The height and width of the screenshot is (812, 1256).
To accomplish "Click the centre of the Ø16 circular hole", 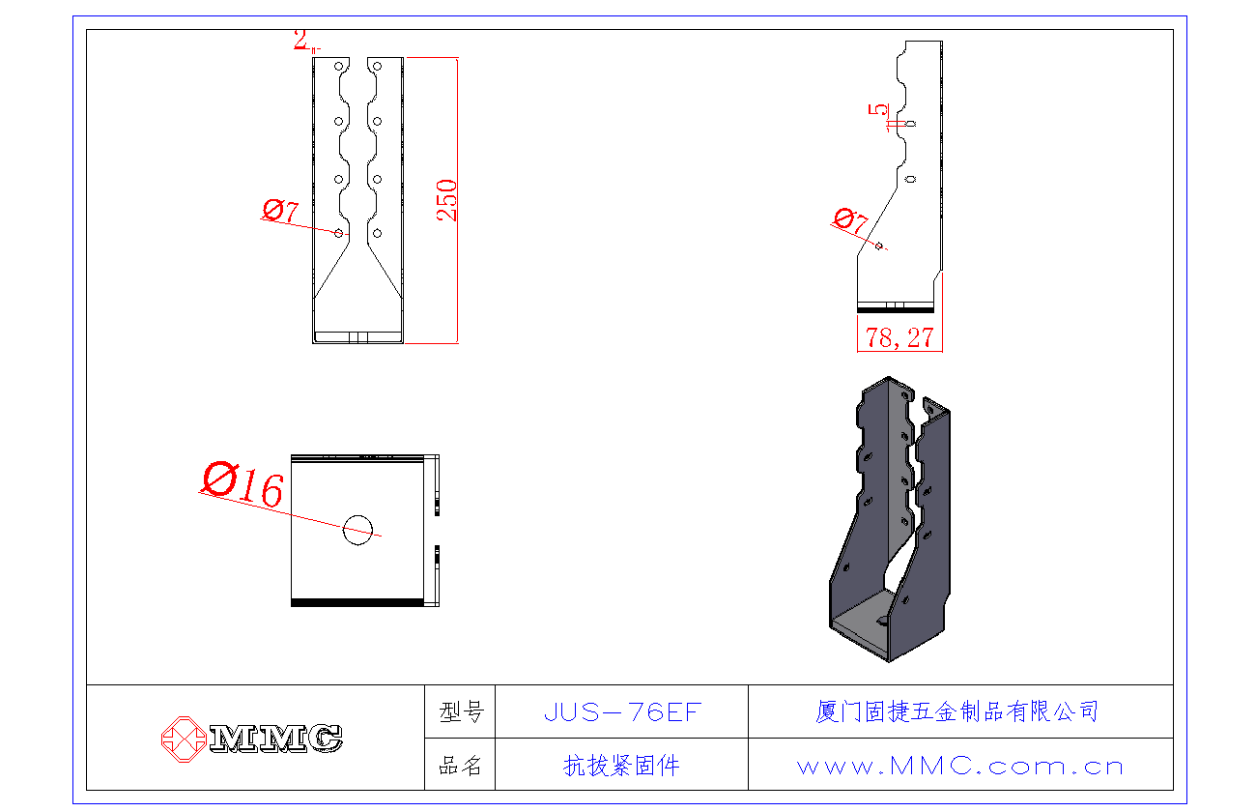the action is pos(357,530).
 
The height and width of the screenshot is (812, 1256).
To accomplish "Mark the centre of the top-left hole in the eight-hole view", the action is pos(339,67).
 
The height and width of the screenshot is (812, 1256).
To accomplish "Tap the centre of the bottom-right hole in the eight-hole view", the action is pos(378,233).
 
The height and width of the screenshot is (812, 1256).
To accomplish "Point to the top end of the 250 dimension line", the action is pos(458,58).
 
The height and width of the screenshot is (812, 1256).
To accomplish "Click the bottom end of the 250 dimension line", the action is pos(458,343).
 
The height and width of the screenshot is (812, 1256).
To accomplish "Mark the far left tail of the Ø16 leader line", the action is pos(199,493).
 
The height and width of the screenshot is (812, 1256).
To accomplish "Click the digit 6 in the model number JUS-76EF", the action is pos(653,712).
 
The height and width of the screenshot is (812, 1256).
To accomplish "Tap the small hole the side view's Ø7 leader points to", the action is pos(878,246).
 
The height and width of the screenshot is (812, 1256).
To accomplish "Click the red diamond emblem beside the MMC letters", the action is pos(184,739).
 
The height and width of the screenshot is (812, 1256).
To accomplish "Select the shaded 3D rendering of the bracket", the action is pos(890,519).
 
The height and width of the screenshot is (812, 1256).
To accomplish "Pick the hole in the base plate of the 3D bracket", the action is pos(882,621).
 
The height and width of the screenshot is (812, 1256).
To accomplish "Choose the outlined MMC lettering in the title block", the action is pos(276,739).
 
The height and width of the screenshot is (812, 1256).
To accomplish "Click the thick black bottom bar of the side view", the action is pos(896,309).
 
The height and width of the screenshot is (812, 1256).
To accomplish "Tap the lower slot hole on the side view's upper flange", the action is pos(910,179).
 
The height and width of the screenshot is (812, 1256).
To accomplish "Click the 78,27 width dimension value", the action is pos(899,337).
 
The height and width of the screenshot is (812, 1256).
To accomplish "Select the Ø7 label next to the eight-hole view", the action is pos(280,211).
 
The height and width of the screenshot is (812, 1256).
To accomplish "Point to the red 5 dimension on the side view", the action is pos(878,109).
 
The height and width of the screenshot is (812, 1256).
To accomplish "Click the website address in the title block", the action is pos(960,766).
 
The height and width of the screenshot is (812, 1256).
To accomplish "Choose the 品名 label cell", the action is pos(460,765).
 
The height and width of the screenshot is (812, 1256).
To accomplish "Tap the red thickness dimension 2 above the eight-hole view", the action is pos(301,40).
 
